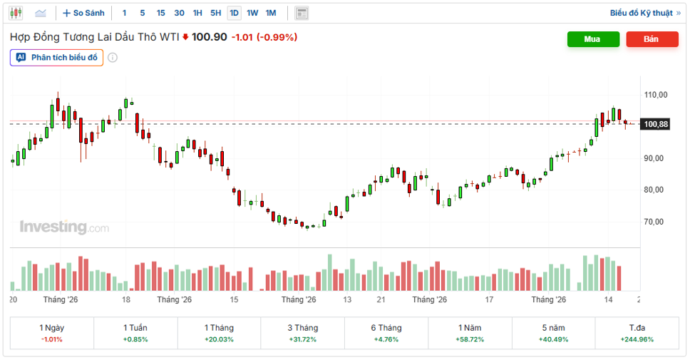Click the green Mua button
(593, 39)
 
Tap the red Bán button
(652, 39)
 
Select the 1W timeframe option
(252, 13)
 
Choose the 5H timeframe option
(215, 13)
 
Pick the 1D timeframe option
(234, 13)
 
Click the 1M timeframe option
(271, 13)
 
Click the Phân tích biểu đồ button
(57, 58)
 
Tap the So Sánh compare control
(84, 13)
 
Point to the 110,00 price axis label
(656, 95)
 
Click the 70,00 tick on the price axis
(654, 222)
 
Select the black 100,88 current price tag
(655, 124)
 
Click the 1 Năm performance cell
(470, 333)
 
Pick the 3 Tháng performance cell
(303, 333)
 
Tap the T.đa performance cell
(637, 333)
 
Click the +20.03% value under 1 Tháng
(219, 339)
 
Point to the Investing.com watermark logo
(64, 227)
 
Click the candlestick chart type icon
(16, 13)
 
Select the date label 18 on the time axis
(126, 299)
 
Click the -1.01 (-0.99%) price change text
(264, 37)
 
